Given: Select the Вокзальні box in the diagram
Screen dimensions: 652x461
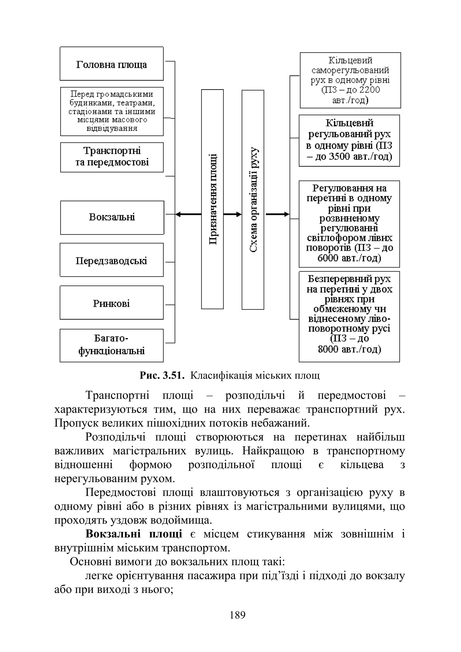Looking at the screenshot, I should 112,217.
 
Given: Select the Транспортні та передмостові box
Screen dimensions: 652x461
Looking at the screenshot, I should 112,157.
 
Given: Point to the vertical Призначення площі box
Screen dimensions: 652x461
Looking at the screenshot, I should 212,199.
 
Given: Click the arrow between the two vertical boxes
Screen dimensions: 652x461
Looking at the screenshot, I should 232,214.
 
